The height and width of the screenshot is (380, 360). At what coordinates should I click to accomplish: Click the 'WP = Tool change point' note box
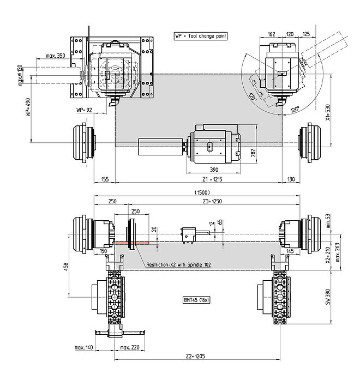(200, 36)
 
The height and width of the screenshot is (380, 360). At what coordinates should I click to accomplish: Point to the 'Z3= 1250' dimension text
(212, 201)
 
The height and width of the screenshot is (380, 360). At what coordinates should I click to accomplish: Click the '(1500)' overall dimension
(202, 192)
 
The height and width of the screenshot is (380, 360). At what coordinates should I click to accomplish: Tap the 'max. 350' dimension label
(56, 56)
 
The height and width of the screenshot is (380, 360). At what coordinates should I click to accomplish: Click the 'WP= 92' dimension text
(86, 110)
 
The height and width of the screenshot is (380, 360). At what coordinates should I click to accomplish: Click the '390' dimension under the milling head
(214, 170)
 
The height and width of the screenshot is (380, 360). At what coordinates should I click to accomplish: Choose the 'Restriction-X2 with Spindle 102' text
(178, 264)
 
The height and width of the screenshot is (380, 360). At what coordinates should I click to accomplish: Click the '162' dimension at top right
(271, 34)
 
